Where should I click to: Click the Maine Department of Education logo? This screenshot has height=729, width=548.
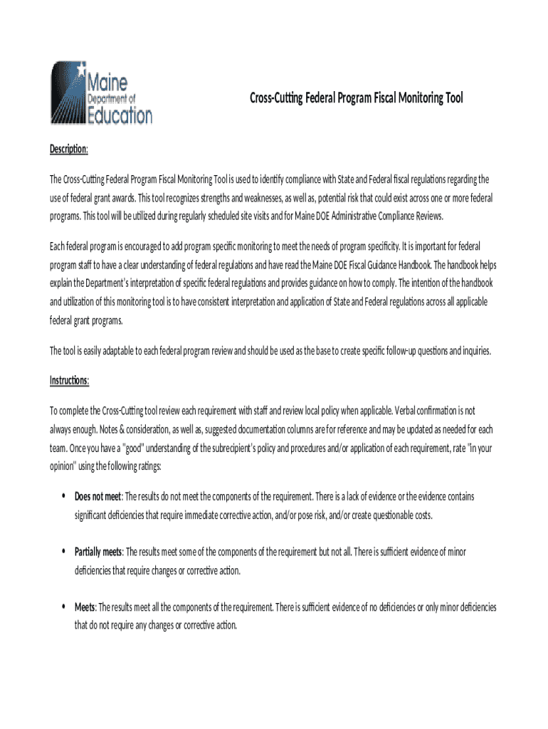100,93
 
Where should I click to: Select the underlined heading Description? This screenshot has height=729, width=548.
68,149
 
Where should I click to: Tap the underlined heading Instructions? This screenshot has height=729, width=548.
69,381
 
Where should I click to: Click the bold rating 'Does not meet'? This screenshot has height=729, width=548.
98,496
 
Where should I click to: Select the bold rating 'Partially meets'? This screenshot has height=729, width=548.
98,552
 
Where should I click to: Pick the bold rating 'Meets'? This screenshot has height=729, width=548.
85,607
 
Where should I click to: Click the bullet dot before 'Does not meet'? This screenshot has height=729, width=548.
65,496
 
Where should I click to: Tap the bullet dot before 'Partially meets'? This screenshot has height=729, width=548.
65,552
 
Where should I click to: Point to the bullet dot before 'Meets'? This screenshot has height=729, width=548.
65,607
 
